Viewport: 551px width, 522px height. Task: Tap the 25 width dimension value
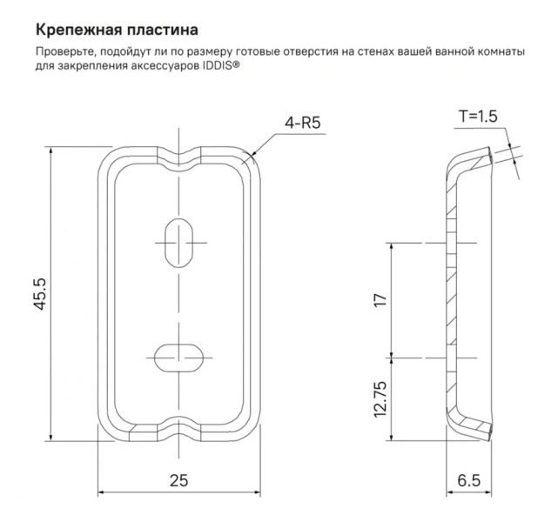click(179, 479)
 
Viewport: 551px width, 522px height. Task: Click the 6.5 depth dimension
click(469, 479)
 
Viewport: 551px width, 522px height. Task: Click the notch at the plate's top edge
click(179, 157)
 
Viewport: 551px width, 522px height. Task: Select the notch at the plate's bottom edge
click(179, 432)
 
